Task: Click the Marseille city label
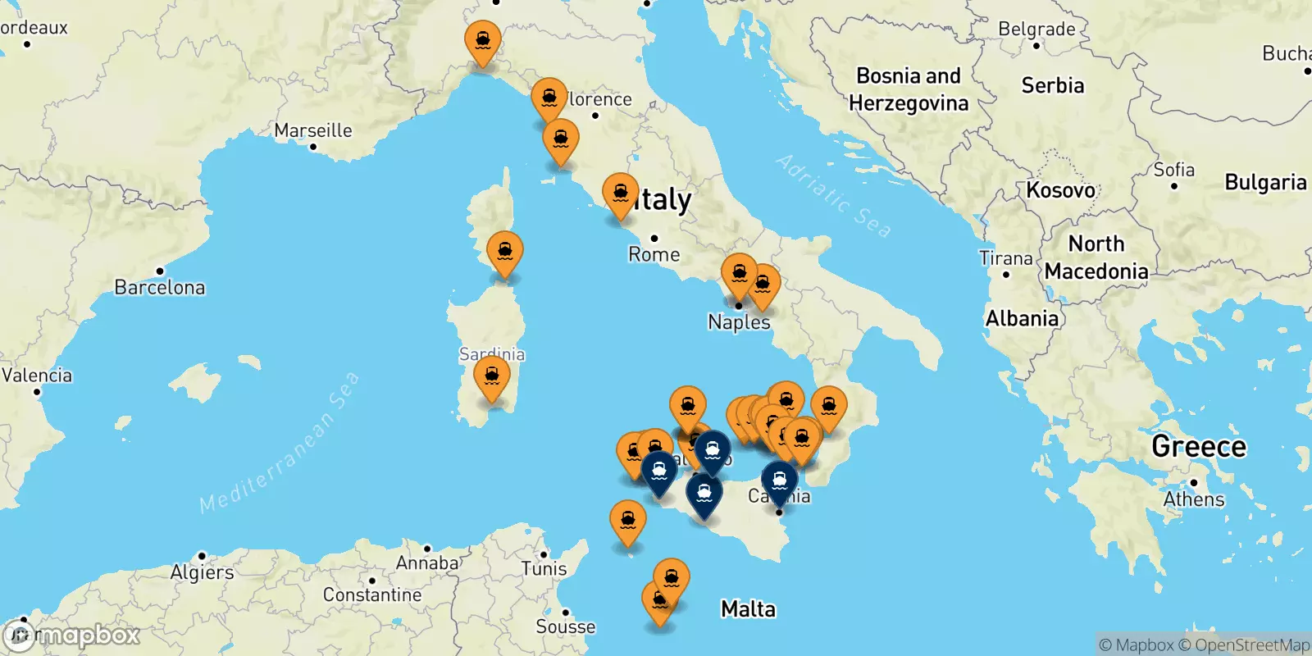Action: (313, 130)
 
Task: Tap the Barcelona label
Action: (160, 287)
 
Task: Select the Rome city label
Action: (654, 254)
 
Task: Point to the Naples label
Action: (739, 322)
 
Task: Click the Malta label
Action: (748, 608)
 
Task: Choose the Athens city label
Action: (1193, 499)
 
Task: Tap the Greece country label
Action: (1198, 446)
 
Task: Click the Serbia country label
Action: (1052, 85)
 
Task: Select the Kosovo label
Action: (1060, 190)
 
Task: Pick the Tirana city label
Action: (1005, 258)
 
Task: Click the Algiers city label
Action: (202, 572)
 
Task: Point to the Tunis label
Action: (544, 568)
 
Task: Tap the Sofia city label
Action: (1173, 170)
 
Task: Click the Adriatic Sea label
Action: (833, 196)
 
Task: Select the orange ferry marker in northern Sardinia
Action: (505, 252)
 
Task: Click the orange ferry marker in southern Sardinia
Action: (492, 376)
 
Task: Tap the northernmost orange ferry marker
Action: (483, 41)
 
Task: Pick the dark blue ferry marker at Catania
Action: (779, 481)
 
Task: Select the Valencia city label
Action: (37, 376)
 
